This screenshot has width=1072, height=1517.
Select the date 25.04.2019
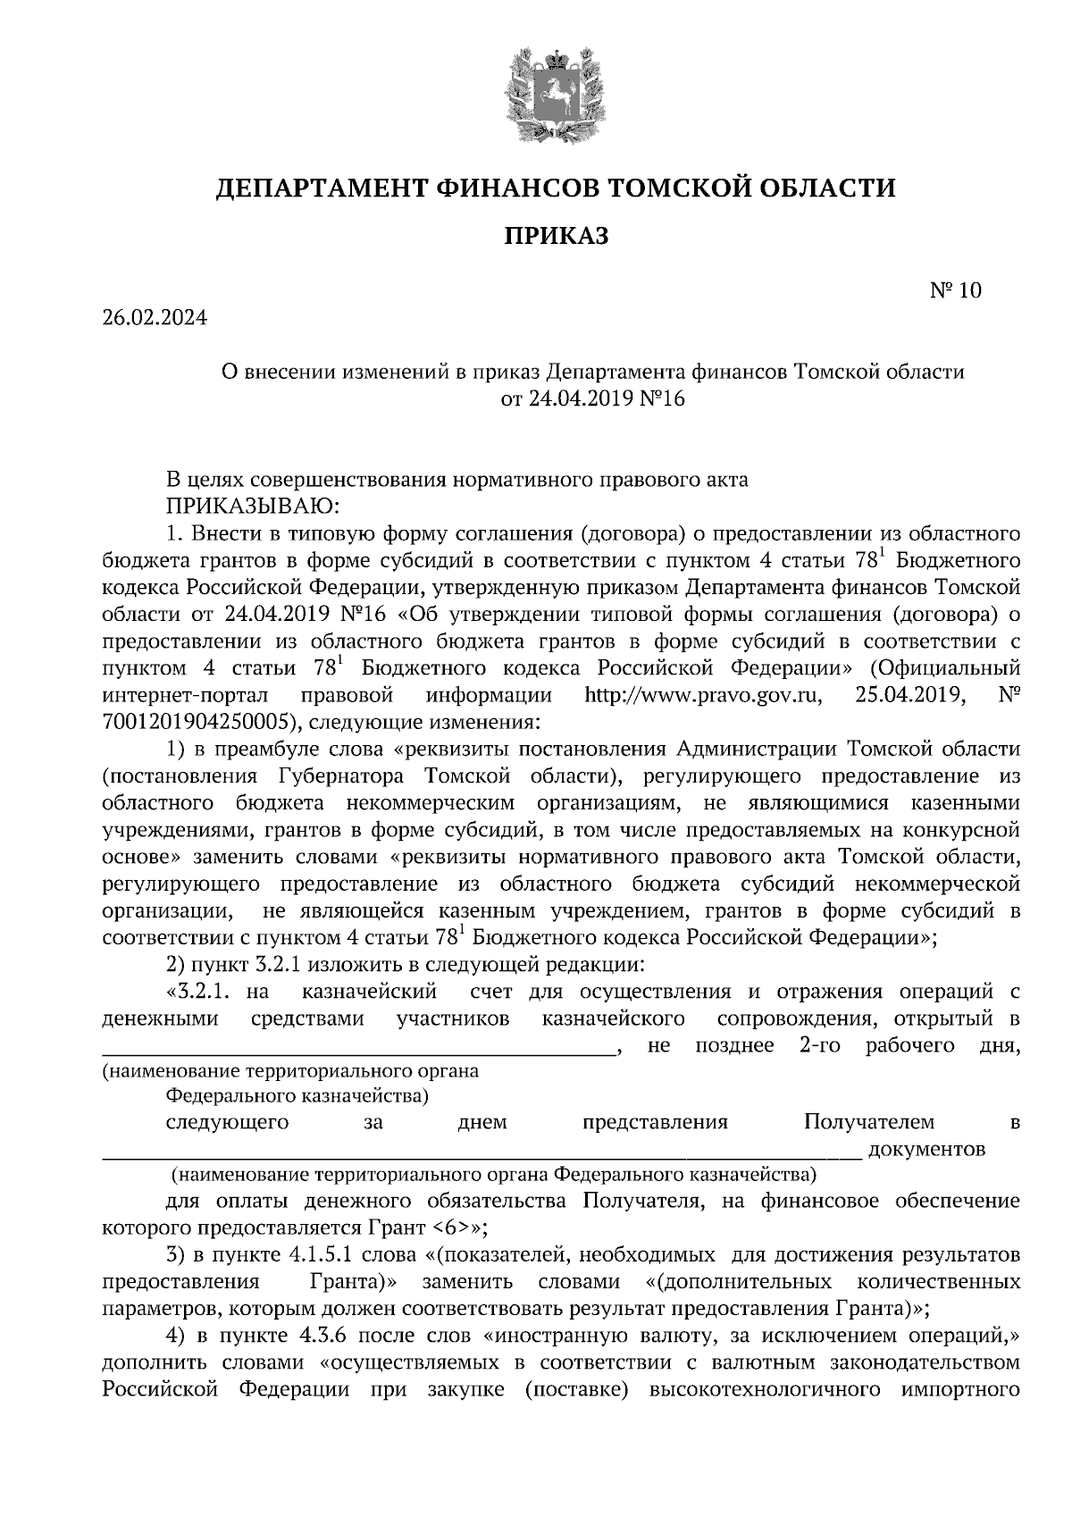(x=908, y=694)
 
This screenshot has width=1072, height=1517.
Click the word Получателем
(x=868, y=1121)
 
